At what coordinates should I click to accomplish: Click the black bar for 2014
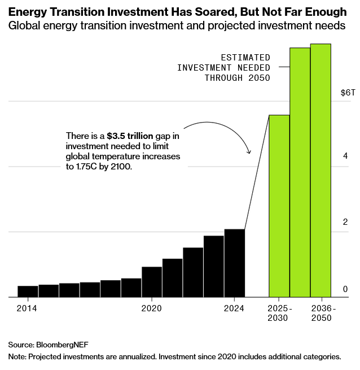(x=28, y=291)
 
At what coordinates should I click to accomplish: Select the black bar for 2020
(x=152, y=281)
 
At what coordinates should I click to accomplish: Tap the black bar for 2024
(x=234, y=263)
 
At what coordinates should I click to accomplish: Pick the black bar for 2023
(x=214, y=266)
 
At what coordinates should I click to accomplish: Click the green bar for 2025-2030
(x=279, y=206)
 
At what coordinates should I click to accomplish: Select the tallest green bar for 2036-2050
(x=321, y=169)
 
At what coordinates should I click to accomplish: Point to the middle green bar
(x=300, y=172)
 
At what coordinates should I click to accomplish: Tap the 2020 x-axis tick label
(x=152, y=308)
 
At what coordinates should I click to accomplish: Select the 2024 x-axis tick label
(x=234, y=308)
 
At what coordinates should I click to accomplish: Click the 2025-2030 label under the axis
(x=278, y=314)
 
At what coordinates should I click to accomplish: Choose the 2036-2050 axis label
(x=323, y=314)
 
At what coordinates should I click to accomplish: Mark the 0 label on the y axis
(x=345, y=289)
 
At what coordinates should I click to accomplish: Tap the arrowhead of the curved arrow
(x=249, y=151)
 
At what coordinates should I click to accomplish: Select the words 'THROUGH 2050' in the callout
(x=237, y=78)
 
